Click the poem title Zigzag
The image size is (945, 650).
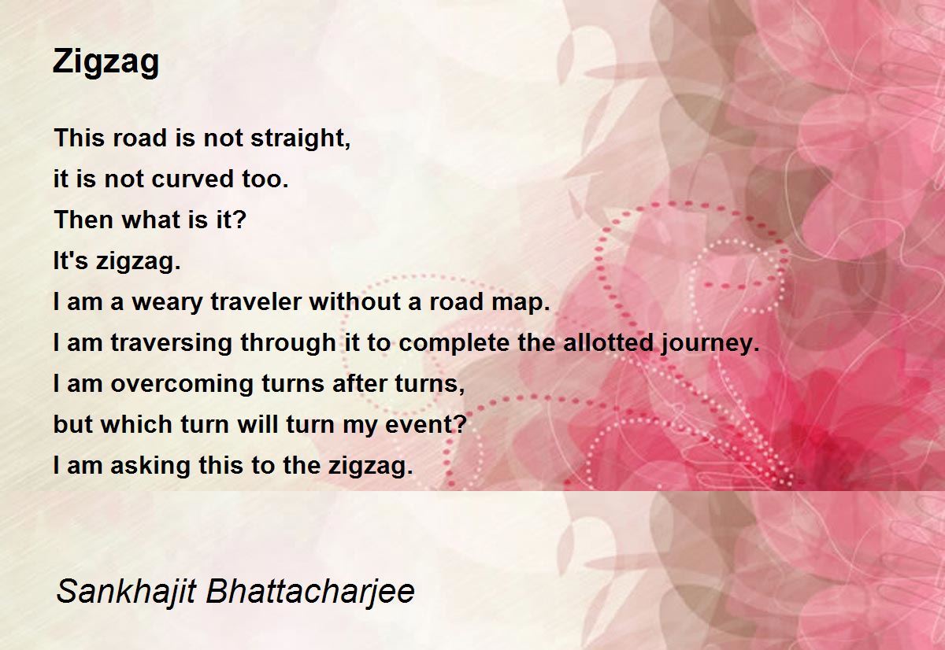106,63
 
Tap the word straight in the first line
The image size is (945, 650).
300,138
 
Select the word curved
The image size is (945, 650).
192,179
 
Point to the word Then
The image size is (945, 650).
84,220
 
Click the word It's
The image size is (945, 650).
70,260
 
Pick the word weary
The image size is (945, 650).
168,302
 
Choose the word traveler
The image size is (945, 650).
256,302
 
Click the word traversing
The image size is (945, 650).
172,342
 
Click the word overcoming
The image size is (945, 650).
182,383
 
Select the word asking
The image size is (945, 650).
150,466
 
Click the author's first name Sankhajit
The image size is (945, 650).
126,591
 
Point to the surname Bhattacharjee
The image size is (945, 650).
310,591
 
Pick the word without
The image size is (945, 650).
355,302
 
